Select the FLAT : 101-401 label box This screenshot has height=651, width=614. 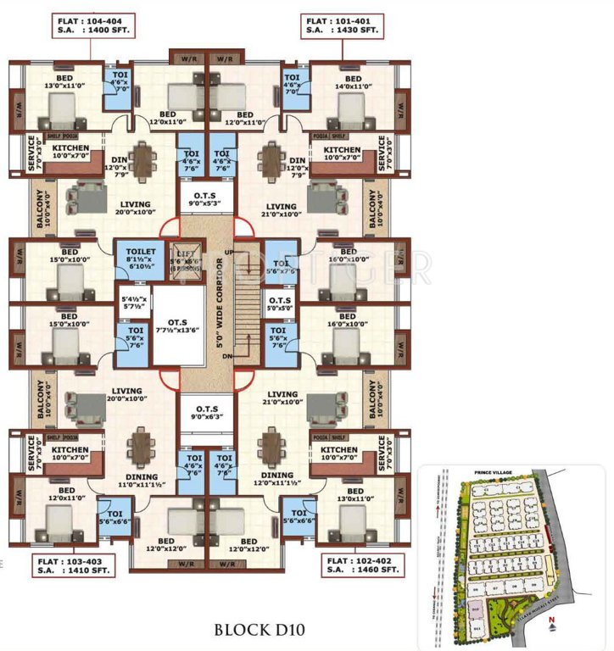[340, 25]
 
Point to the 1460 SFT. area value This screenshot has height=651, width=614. [376, 571]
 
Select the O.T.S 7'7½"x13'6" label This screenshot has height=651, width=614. [179, 325]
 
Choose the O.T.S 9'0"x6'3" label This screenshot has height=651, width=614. [205, 411]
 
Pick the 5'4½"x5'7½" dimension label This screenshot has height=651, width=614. [133, 303]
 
